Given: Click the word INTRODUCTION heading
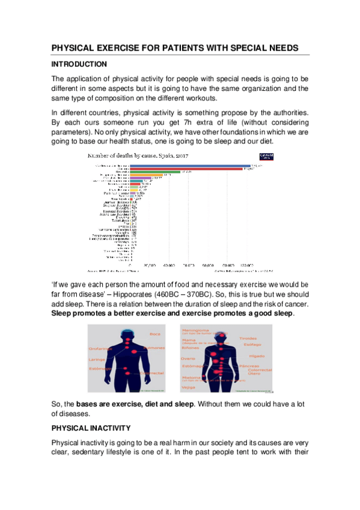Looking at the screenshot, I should (x=79, y=64).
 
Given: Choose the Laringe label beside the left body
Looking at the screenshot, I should (x=97, y=360).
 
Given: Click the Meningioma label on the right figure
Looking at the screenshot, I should (x=194, y=329).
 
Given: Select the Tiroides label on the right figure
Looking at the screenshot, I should (x=248, y=339).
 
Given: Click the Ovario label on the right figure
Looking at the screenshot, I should (x=188, y=358).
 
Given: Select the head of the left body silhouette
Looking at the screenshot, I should (x=127, y=333).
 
